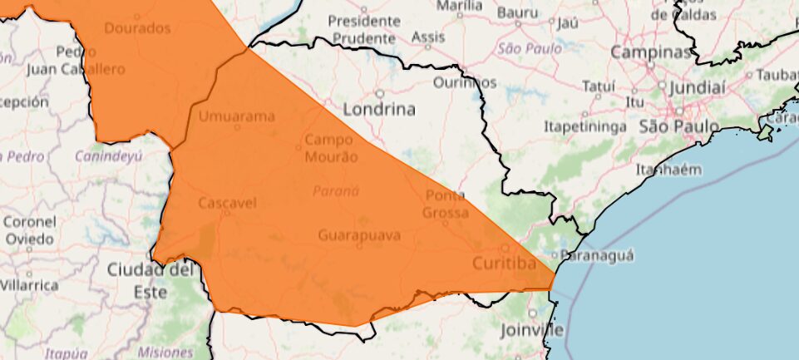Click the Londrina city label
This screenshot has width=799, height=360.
[x=380, y=109]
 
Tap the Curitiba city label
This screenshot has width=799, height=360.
[x=503, y=264]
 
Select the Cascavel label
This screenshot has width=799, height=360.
[x=227, y=203]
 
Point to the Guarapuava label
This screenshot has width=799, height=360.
[x=359, y=235]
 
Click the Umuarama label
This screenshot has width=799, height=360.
[x=236, y=116]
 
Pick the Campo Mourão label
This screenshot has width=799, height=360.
[x=331, y=148]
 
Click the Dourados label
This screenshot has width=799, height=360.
[x=138, y=28]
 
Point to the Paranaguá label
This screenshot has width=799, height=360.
[x=598, y=254]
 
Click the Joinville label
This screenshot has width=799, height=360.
[x=531, y=330]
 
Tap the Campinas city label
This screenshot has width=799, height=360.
[x=651, y=52]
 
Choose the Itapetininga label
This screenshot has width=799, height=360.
[x=584, y=126]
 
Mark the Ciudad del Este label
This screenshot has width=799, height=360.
[x=149, y=280]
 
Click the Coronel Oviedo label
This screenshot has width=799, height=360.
[x=30, y=230]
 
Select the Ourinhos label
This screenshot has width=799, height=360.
[x=465, y=82]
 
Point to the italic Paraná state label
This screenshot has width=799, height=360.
[x=336, y=191]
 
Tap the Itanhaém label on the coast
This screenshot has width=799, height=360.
[x=668, y=170]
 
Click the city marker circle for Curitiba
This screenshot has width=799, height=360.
[x=505, y=247]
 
